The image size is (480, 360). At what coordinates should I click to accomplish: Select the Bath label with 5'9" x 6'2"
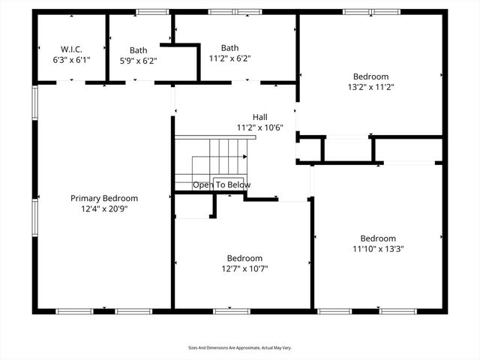138,51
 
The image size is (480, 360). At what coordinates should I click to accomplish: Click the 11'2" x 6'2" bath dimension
229,58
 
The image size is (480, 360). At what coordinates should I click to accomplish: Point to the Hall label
259,117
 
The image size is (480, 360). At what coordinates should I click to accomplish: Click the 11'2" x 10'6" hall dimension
259,127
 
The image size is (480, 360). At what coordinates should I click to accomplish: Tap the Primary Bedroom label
104,198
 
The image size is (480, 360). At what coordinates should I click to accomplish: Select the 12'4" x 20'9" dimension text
104,209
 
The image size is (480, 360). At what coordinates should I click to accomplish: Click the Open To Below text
221,184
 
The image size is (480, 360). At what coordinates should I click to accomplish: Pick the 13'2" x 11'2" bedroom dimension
370,87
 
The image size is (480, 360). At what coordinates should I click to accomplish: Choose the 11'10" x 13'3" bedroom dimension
379,249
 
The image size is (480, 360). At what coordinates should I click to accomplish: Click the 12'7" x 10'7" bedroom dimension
244,268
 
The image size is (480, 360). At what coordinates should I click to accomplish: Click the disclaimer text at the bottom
239,348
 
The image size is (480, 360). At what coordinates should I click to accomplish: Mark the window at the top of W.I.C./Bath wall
153,11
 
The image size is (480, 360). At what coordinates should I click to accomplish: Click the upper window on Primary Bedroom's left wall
34,102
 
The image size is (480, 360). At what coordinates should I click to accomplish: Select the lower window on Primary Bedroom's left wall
34,217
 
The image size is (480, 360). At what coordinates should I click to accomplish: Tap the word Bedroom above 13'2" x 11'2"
370,76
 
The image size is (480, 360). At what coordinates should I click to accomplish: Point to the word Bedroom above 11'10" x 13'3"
378,238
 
